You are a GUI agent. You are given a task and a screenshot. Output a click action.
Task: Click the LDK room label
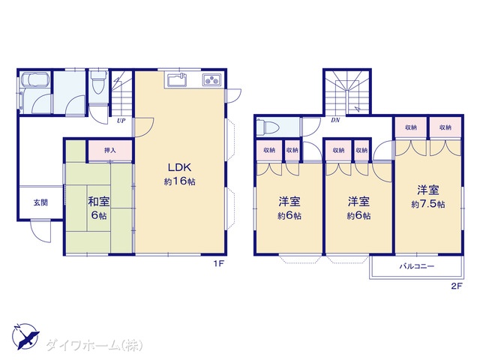[x=179, y=167]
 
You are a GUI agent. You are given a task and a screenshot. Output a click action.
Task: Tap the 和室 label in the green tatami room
[x=98, y=202]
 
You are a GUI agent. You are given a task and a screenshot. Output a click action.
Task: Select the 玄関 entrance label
[x=40, y=202]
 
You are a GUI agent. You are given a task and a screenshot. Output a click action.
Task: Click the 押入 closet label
[x=110, y=150]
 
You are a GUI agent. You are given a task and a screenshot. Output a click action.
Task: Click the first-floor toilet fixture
[x=98, y=81]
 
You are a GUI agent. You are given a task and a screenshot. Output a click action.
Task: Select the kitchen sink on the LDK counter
[x=177, y=81]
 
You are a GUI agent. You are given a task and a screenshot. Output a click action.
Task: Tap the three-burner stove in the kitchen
[x=211, y=80]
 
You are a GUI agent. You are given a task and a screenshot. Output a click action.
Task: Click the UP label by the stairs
[x=121, y=121]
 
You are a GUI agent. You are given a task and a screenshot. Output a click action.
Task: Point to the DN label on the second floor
[x=335, y=120]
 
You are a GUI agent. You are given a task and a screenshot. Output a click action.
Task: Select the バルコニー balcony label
[x=417, y=266]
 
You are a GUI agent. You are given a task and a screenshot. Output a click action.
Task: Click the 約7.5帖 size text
[x=428, y=204]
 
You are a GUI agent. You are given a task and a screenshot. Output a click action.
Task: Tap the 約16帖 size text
[x=179, y=181]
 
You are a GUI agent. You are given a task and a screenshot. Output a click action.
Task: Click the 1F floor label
[x=219, y=263]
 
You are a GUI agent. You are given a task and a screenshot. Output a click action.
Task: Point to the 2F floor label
[x=456, y=286]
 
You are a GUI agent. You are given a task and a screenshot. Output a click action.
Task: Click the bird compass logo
[x=25, y=336]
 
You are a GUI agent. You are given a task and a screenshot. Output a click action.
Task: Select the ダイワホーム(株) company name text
[x=94, y=345]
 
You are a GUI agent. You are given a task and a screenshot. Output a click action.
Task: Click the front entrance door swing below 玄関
[x=40, y=231]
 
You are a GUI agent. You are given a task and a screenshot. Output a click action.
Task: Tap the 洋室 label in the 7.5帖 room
[x=428, y=190]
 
